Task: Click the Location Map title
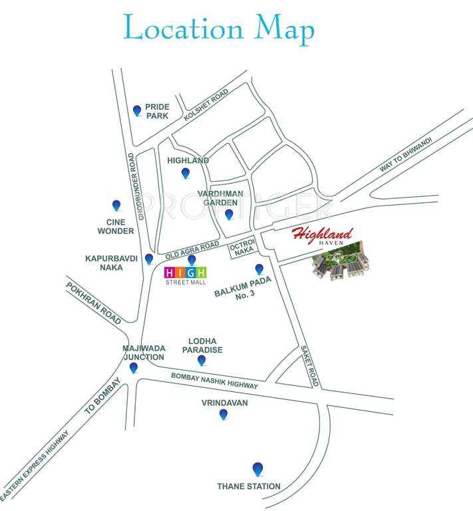click(x=219, y=29)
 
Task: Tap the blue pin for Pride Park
click(x=137, y=110)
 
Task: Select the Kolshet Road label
click(x=206, y=104)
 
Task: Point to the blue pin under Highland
click(x=186, y=173)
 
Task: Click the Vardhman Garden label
click(x=220, y=198)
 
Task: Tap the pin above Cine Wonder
click(x=116, y=206)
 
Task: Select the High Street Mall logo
click(x=186, y=275)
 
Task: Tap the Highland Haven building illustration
click(x=341, y=266)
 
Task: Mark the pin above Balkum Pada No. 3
click(x=259, y=269)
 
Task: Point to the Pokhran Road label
click(x=93, y=302)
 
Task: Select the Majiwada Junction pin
click(x=134, y=367)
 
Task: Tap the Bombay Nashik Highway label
click(x=214, y=381)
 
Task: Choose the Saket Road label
click(x=310, y=366)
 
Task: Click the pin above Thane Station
click(x=257, y=468)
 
